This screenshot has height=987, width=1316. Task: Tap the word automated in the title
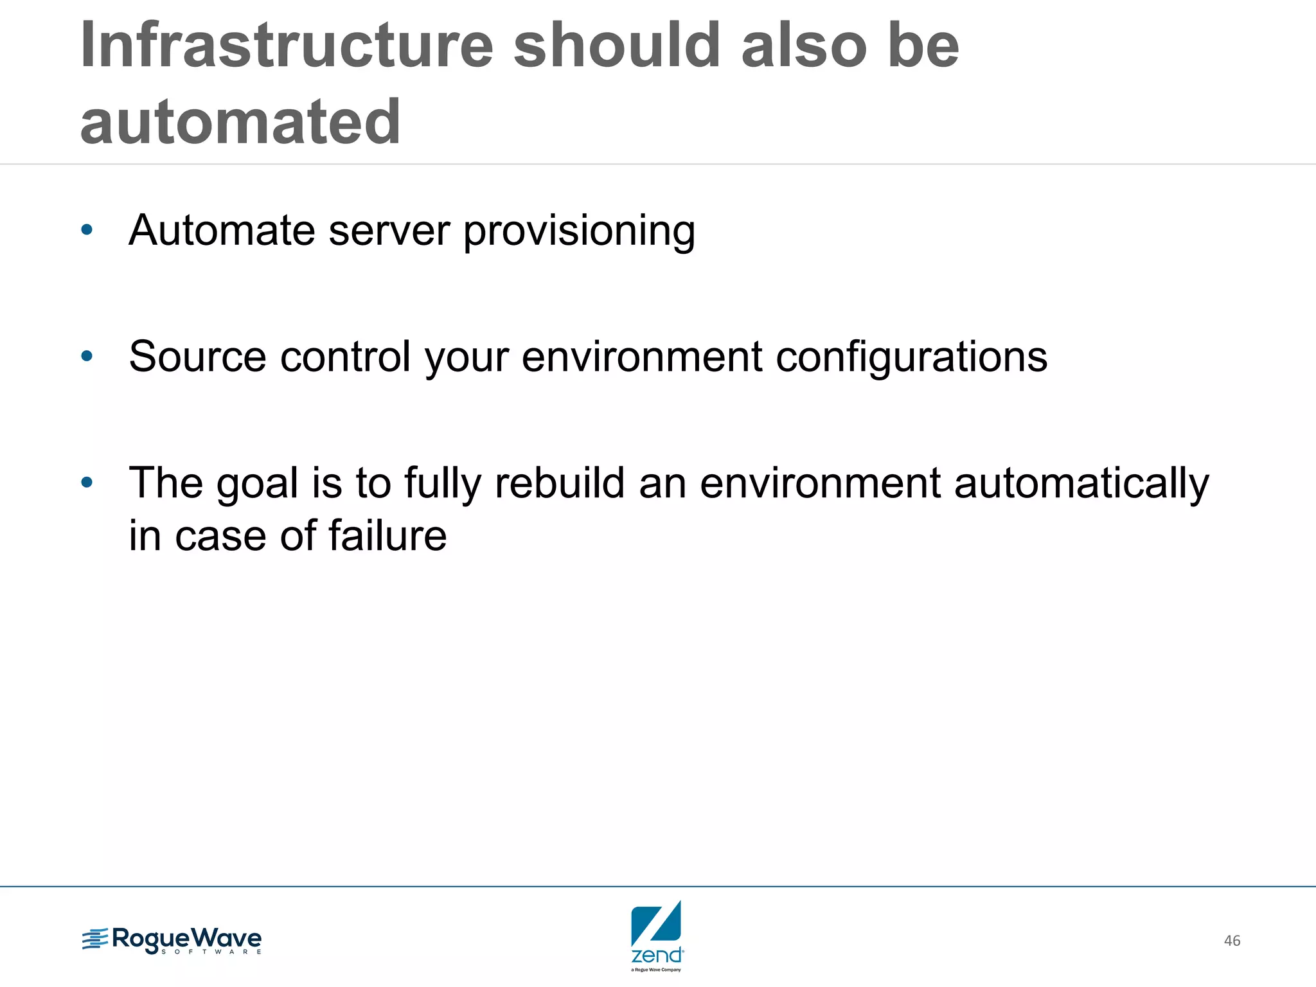click(x=240, y=122)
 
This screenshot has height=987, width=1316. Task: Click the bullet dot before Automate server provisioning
click(x=87, y=229)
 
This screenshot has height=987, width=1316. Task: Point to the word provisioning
click(x=579, y=231)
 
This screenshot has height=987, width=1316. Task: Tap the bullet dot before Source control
click(x=87, y=356)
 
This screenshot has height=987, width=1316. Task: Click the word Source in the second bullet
click(x=197, y=357)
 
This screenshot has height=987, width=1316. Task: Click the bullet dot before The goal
click(x=87, y=482)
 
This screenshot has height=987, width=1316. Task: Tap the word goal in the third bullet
click(x=258, y=484)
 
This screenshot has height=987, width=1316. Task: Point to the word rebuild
click(x=560, y=483)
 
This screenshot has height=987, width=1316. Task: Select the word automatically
click(x=1081, y=484)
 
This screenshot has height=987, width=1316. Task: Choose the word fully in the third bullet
click(x=443, y=484)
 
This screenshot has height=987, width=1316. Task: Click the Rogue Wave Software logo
click(x=172, y=940)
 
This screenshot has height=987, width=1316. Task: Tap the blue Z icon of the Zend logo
click(x=656, y=922)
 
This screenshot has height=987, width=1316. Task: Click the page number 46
click(x=1232, y=941)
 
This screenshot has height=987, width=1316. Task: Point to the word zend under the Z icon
click(x=656, y=956)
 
